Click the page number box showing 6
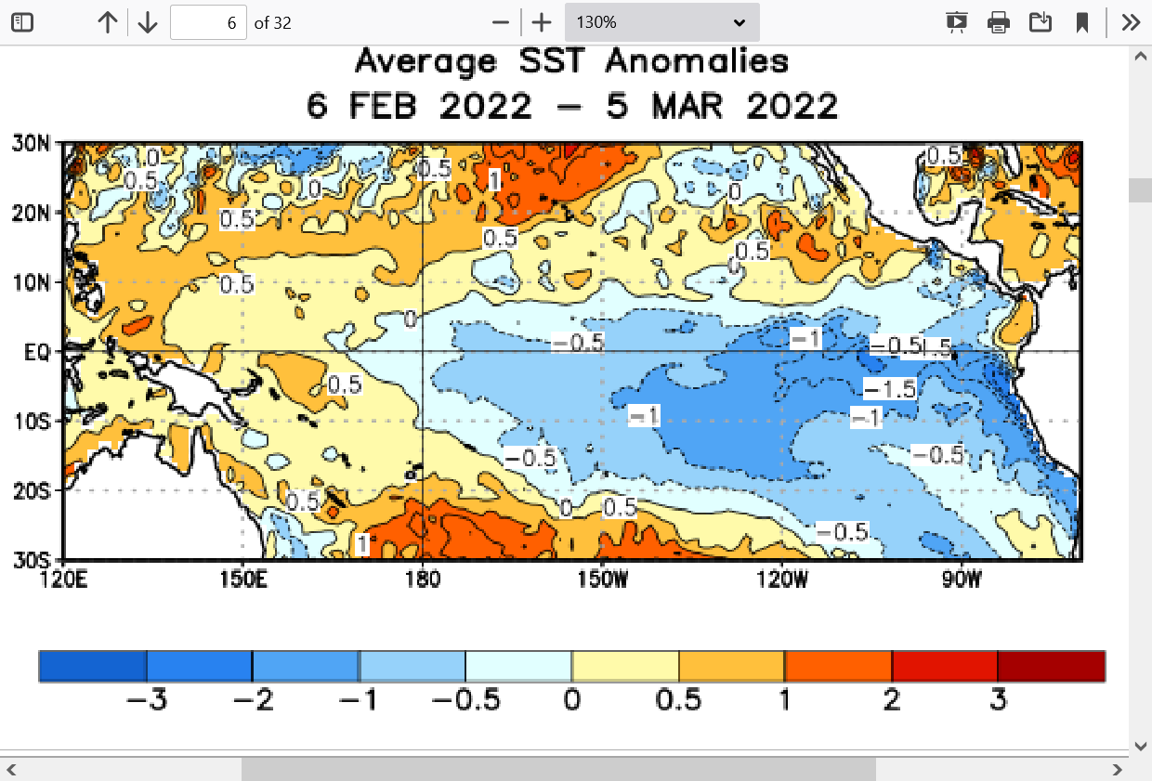(208, 22)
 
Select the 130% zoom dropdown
(661, 22)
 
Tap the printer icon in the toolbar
(999, 22)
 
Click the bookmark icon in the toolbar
(1082, 22)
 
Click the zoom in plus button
(542, 22)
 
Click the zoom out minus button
(501, 22)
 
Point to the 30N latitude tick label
(31, 143)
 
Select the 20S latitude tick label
(31, 491)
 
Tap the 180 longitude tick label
(422, 580)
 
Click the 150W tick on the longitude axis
(602, 580)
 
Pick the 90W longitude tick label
(962, 580)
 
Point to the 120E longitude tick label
(64, 580)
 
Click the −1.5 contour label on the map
(890, 389)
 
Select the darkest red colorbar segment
(1051, 666)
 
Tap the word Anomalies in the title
(697, 62)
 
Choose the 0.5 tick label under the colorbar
(678, 700)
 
